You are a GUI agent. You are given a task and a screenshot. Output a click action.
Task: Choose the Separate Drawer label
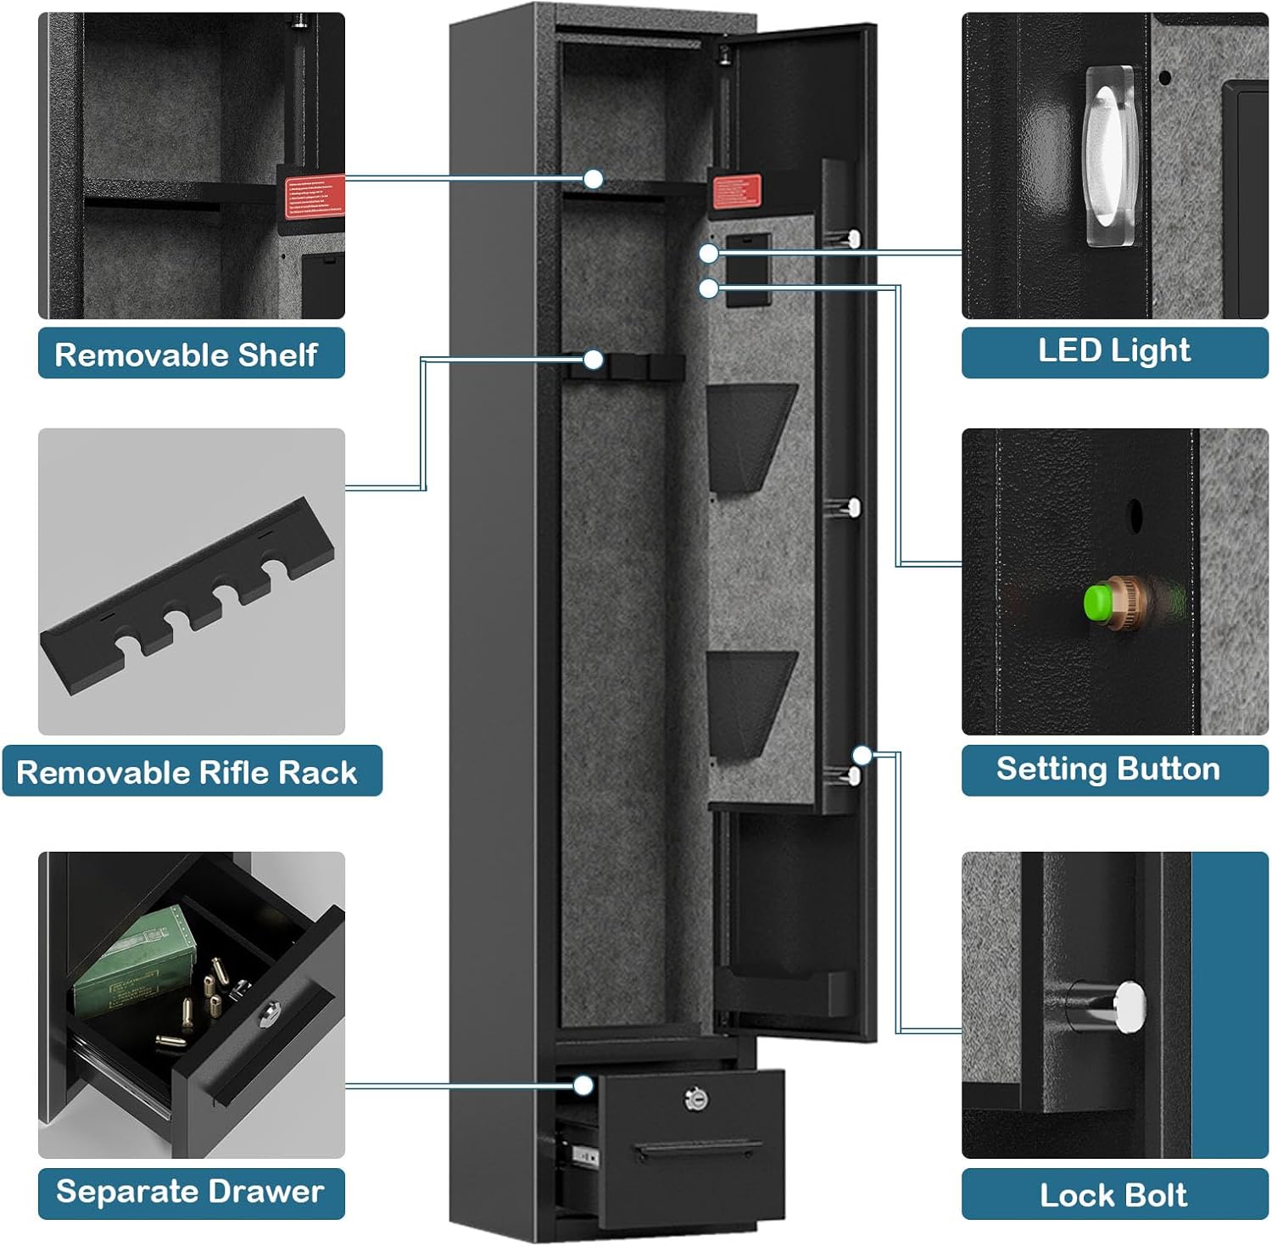tap(191, 1192)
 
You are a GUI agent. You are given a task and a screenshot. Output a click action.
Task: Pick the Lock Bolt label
tap(1114, 1194)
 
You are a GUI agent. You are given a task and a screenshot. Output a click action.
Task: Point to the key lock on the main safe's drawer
tap(696, 1099)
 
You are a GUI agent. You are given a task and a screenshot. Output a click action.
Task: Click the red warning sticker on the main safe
tap(736, 192)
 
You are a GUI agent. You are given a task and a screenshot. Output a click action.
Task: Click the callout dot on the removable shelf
tap(594, 179)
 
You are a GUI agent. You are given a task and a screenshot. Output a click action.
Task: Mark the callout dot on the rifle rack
tap(594, 361)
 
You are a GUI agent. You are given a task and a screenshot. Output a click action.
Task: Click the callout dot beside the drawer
tap(583, 1086)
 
